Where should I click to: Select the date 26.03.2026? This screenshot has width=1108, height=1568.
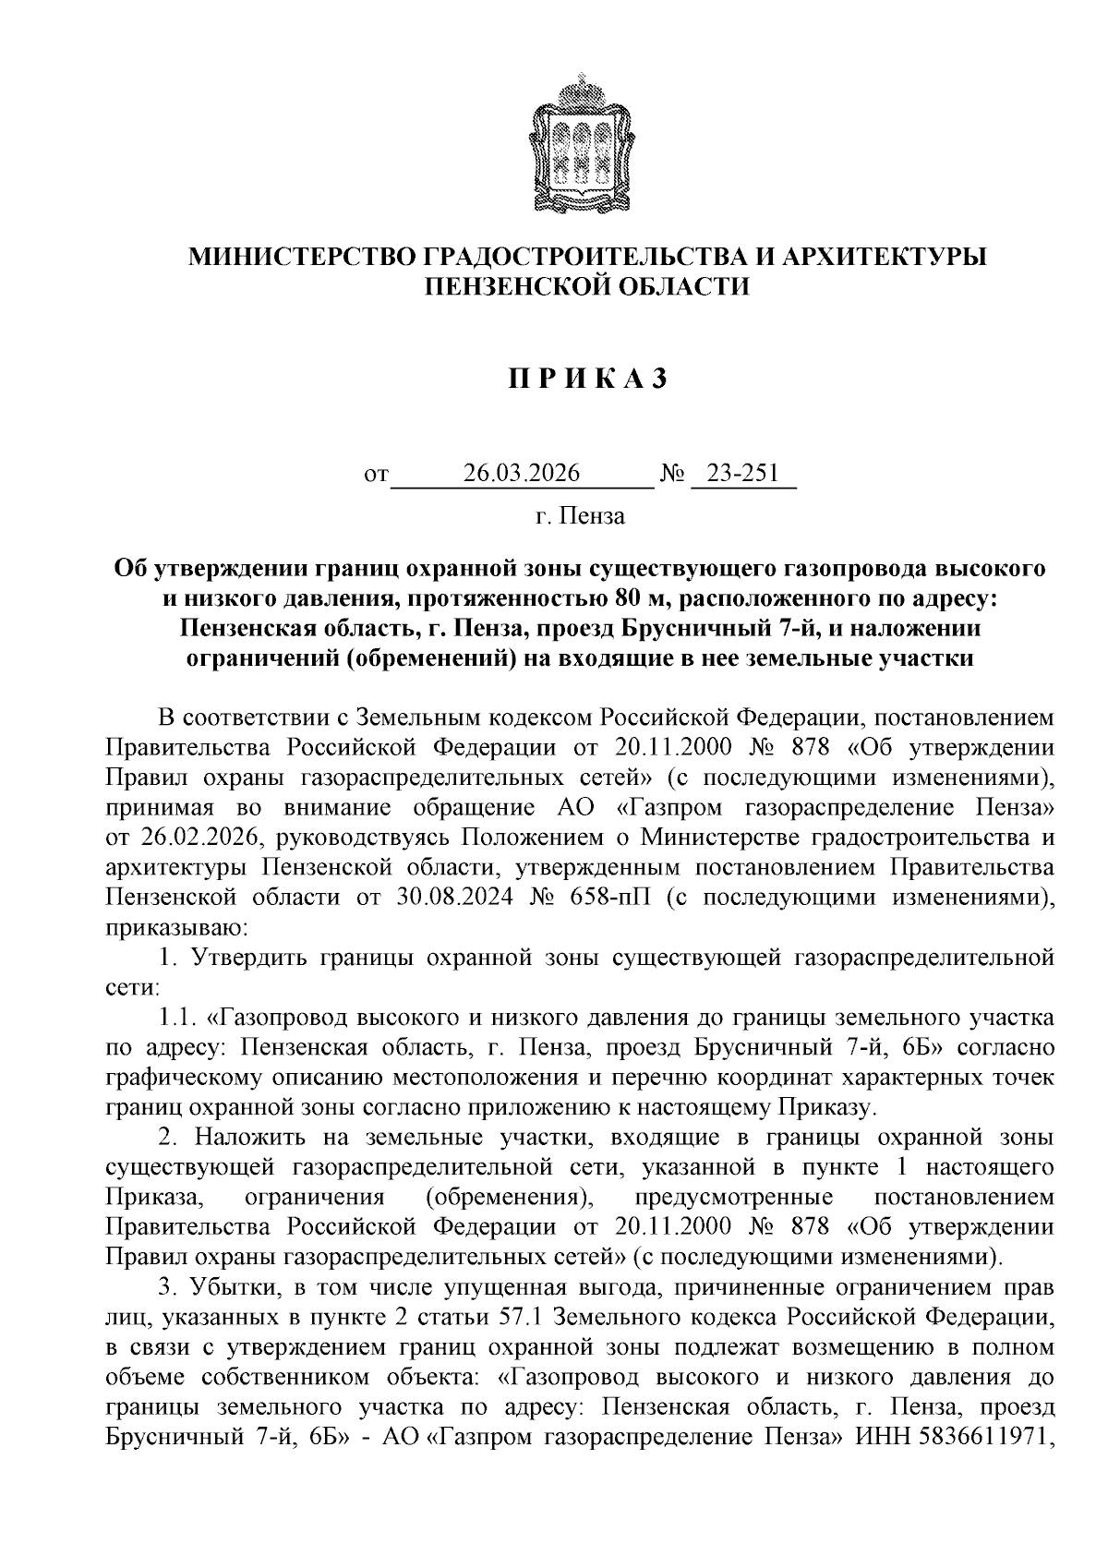click(522, 474)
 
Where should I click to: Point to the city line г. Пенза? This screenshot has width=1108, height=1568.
click(580, 515)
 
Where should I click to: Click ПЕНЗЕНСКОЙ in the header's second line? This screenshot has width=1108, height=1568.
click(512, 287)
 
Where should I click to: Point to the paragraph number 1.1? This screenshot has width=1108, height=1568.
click(179, 1018)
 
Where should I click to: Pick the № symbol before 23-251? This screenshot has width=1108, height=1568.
click(672, 474)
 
